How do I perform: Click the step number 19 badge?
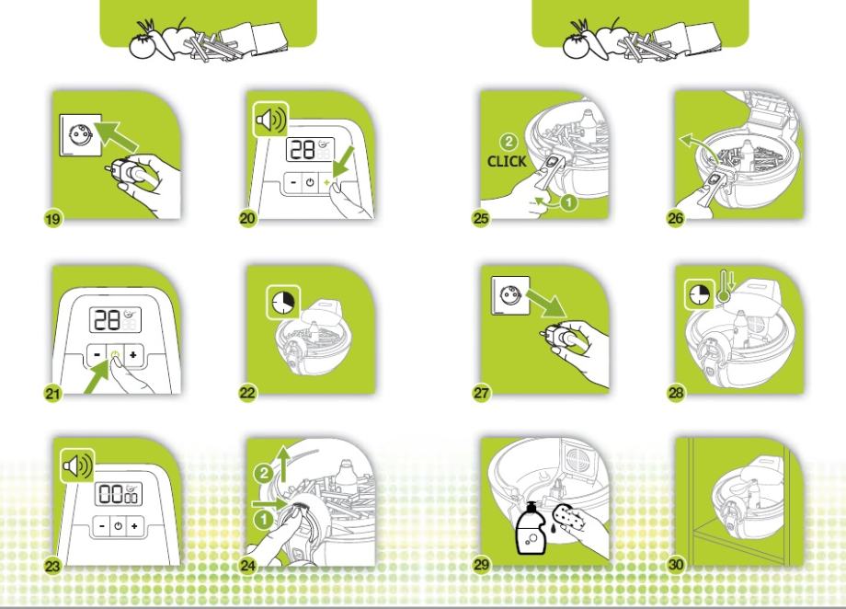(x=53, y=219)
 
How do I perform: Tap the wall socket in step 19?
(x=80, y=135)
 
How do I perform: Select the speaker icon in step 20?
(x=271, y=120)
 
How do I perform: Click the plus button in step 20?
(x=326, y=182)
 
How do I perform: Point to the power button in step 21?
(x=115, y=355)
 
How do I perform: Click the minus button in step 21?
(x=97, y=355)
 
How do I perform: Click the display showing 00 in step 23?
(x=118, y=494)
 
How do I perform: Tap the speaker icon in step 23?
(x=77, y=465)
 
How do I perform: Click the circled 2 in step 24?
(x=264, y=474)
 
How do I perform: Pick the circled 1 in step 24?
(x=263, y=520)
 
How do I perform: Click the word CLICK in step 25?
(x=506, y=161)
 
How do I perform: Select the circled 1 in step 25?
(x=568, y=202)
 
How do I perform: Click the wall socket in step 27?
(x=510, y=295)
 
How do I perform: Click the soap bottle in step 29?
(x=531, y=528)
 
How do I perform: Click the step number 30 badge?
(x=676, y=565)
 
